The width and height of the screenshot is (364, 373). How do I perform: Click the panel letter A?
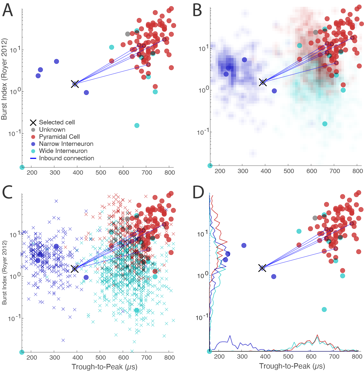pyautogui.click(x=8, y=11)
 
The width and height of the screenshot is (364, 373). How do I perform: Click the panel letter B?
pyautogui.click(x=197, y=11)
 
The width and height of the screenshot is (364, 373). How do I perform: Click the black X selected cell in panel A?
pyautogui.click(x=75, y=84)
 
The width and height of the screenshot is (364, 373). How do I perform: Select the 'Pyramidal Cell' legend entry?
pyautogui.click(x=59, y=137)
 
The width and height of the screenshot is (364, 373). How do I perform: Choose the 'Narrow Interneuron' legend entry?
pyautogui.click(x=66, y=144)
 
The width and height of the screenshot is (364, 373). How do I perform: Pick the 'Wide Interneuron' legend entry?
pyautogui.click(x=63, y=151)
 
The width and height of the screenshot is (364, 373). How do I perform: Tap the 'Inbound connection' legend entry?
pyautogui.click(x=66, y=158)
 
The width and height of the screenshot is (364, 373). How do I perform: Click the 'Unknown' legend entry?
pyautogui.click(x=52, y=130)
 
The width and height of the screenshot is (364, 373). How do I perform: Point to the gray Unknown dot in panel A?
pyautogui.click(x=128, y=34)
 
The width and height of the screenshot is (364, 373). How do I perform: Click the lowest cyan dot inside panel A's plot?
pyautogui.click(x=22, y=167)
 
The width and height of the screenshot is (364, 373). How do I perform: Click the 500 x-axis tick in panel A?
pyautogui.click(x=101, y=173)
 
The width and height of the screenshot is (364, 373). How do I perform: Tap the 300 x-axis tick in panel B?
pyautogui.click(x=243, y=171)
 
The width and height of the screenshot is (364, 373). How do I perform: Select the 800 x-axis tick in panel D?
pyautogui.click(x=357, y=357)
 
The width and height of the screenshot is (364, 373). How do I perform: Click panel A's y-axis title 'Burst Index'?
pyautogui.click(x=4, y=79)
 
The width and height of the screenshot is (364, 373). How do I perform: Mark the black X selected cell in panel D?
pyautogui.click(x=262, y=268)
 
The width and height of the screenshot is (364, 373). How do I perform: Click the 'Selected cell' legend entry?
pyautogui.click(x=57, y=122)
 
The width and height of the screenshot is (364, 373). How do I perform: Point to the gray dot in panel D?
pyautogui.click(x=315, y=218)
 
